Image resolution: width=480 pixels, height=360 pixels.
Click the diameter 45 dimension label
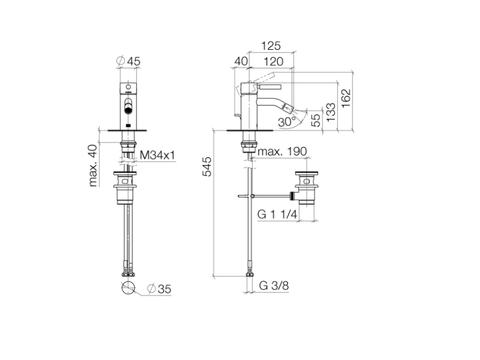click(128, 61)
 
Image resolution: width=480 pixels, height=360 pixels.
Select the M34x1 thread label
click(157, 155)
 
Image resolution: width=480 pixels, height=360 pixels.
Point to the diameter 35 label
click(159, 289)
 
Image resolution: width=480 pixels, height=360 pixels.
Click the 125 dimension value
click(271, 46)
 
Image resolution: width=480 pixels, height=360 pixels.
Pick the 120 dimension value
click(273, 61)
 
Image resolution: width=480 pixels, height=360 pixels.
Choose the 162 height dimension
click(346, 98)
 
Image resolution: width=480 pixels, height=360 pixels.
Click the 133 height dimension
click(331, 112)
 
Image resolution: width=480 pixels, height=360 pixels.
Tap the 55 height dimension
click(316, 120)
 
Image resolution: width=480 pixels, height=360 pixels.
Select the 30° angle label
click(286, 122)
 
